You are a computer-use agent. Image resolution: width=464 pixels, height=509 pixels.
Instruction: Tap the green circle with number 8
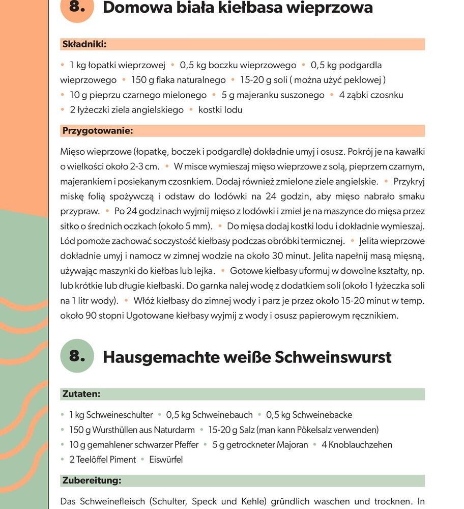pyautogui.click(x=77, y=356)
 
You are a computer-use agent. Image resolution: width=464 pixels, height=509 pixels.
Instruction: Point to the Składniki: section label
pyautogui.click(x=84, y=44)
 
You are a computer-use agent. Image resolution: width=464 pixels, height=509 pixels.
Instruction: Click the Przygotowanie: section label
pyautogui.click(x=98, y=131)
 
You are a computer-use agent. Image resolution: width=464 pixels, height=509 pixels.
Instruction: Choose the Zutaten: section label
pyautogui.click(x=81, y=394)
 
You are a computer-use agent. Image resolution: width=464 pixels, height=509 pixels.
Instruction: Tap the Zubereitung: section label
pyautogui.click(x=92, y=480)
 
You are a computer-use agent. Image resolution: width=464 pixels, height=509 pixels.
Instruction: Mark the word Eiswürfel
pyautogui.click(x=166, y=460)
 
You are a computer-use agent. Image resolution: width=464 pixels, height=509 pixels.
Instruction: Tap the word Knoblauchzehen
pyautogui.click(x=360, y=445)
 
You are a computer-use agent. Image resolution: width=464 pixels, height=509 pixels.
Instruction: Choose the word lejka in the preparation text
pyautogui.click(x=204, y=271)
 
